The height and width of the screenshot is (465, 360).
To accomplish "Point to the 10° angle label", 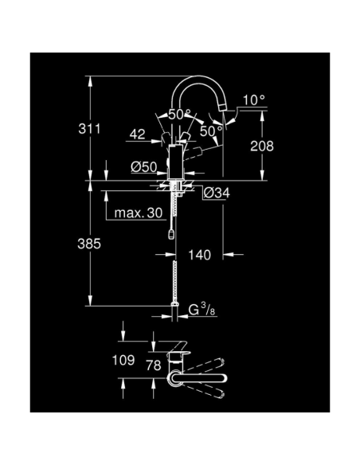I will [x=253, y=100].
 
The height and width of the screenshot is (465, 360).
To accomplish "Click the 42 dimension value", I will [x=137, y=135].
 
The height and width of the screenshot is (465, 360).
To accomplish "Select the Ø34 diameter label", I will [x=217, y=192].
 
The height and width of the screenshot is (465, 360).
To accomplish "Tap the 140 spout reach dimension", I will [x=201, y=255].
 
